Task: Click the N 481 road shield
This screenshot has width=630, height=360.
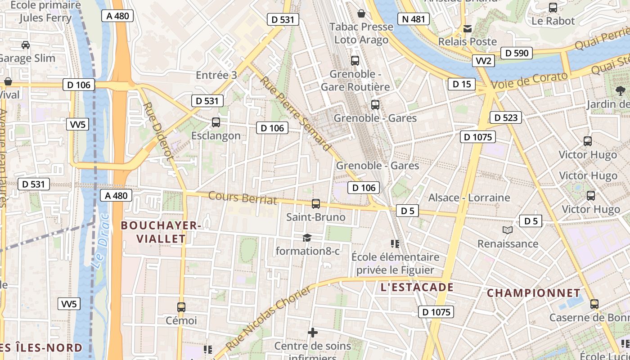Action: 413,19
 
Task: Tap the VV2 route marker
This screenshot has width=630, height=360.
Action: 484,61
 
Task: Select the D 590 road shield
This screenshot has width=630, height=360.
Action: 517,53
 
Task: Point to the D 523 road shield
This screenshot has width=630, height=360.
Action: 505,118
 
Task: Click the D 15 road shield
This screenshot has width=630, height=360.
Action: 461,84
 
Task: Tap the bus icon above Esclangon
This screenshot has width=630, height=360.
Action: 216,122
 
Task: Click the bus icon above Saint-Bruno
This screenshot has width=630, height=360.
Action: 316,203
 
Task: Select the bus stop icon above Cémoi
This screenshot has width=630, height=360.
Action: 181,307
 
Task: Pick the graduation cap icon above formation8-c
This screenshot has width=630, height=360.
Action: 307,238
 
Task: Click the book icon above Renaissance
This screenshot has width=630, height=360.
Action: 508,230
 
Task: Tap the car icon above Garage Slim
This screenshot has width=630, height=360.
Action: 26,45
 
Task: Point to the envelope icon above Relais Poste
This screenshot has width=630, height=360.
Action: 468,29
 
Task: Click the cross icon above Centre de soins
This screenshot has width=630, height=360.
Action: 313,333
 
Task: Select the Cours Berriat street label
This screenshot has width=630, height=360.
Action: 243,198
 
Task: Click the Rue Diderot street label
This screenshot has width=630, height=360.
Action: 157,131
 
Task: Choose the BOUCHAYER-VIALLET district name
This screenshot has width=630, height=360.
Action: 160,232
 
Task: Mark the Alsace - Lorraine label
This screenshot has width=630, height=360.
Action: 469,198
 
